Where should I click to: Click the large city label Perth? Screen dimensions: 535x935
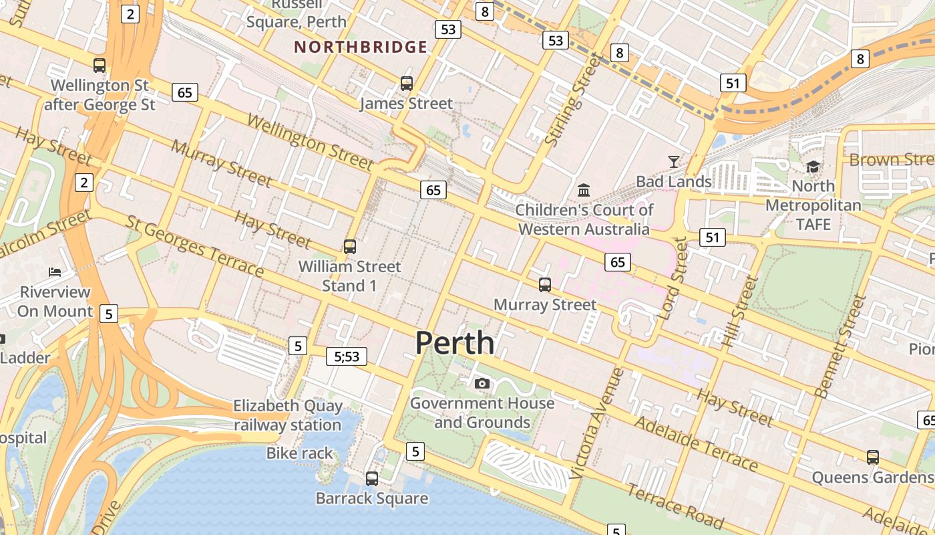point(455,343)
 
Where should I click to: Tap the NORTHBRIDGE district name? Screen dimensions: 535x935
point(361,47)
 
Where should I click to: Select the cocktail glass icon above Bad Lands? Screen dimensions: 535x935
point(673,161)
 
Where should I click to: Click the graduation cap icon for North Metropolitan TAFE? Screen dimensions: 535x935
point(813,166)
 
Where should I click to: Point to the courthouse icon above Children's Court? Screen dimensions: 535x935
point(584,190)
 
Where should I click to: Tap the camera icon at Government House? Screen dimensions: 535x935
point(482,383)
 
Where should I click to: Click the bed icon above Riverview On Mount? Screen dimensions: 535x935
point(55,272)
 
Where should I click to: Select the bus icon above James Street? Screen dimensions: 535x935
point(406,84)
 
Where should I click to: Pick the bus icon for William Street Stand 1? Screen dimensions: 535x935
point(349,246)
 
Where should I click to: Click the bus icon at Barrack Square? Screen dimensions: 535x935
point(372,479)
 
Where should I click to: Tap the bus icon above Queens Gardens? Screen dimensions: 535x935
point(872,457)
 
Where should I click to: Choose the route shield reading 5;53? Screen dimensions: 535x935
point(347,356)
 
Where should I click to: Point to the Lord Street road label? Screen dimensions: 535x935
point(673,280)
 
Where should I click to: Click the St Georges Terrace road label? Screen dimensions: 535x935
point(195,245)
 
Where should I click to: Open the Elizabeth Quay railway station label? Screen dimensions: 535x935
point(288,415)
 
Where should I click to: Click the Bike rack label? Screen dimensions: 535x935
point(299,453)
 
